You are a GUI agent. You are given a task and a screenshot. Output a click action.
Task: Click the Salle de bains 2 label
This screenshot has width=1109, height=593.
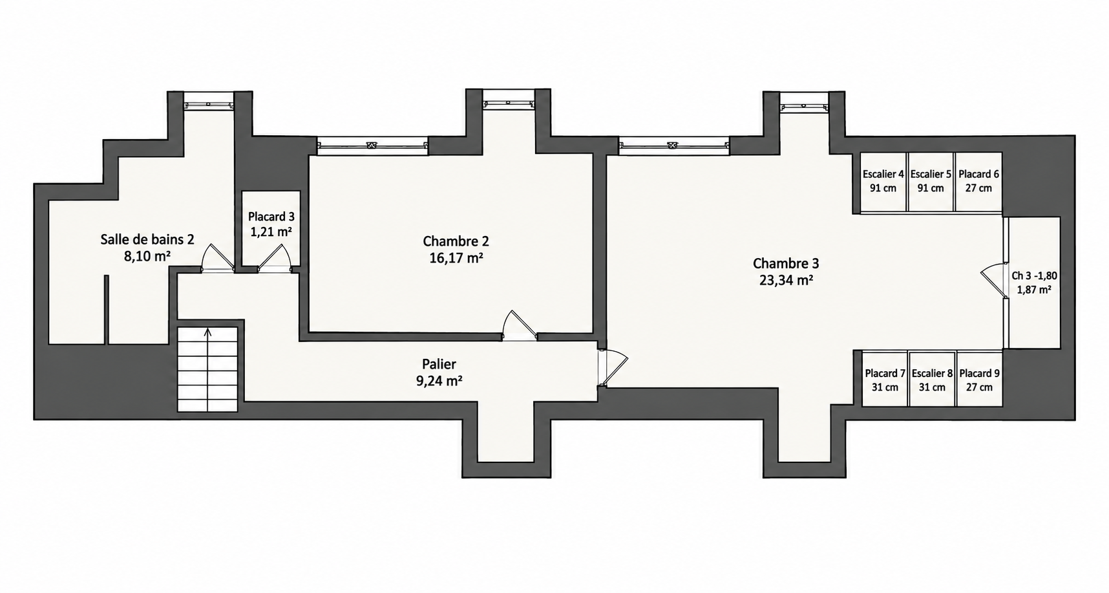147,239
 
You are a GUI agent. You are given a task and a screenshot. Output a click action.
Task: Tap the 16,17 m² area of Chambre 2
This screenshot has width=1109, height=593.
456,258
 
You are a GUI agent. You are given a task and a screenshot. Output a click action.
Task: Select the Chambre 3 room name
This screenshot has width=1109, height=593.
785,263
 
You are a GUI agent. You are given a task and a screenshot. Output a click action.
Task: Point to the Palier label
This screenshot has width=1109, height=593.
439,364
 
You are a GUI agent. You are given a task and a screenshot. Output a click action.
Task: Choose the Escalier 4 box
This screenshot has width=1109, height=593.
883,182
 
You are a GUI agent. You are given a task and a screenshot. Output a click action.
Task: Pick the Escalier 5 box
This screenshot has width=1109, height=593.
931,182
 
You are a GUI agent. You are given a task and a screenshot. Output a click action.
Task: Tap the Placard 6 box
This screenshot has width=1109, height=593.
978,182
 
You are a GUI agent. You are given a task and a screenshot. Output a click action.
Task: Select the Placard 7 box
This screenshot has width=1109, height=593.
885,379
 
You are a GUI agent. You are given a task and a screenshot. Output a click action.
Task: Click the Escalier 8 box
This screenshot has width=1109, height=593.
932,379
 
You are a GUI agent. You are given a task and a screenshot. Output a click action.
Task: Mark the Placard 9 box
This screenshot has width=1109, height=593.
979,379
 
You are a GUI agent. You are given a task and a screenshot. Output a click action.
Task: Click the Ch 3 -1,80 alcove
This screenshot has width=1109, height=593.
1033,283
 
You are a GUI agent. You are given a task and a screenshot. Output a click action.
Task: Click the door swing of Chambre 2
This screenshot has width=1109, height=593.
520,325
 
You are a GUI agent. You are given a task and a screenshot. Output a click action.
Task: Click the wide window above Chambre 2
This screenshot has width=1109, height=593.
372,146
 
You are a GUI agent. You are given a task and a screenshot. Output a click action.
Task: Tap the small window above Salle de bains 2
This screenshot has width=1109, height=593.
208,103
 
